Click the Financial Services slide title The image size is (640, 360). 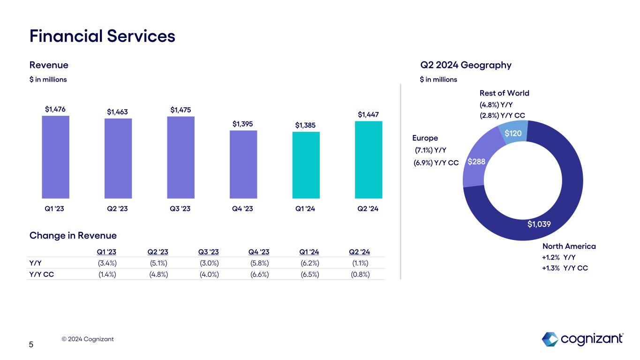[102, 36]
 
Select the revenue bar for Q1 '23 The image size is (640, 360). [56, 157]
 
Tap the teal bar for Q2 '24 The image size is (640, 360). [369, 159]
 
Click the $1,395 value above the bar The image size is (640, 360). [243, 124]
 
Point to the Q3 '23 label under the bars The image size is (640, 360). [181, 209]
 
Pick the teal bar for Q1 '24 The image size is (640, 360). [306, 165]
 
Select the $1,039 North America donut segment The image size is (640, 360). [539, 225]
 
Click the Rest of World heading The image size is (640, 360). [504, 93]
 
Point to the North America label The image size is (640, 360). [569, 246]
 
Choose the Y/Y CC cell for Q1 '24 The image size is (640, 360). [310, 274]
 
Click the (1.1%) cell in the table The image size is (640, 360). [360, 262]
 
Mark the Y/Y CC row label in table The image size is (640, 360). [41, 274]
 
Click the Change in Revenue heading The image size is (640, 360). [73, 235]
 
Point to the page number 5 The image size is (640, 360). [31, 345]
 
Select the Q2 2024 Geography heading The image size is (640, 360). [466, 65]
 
